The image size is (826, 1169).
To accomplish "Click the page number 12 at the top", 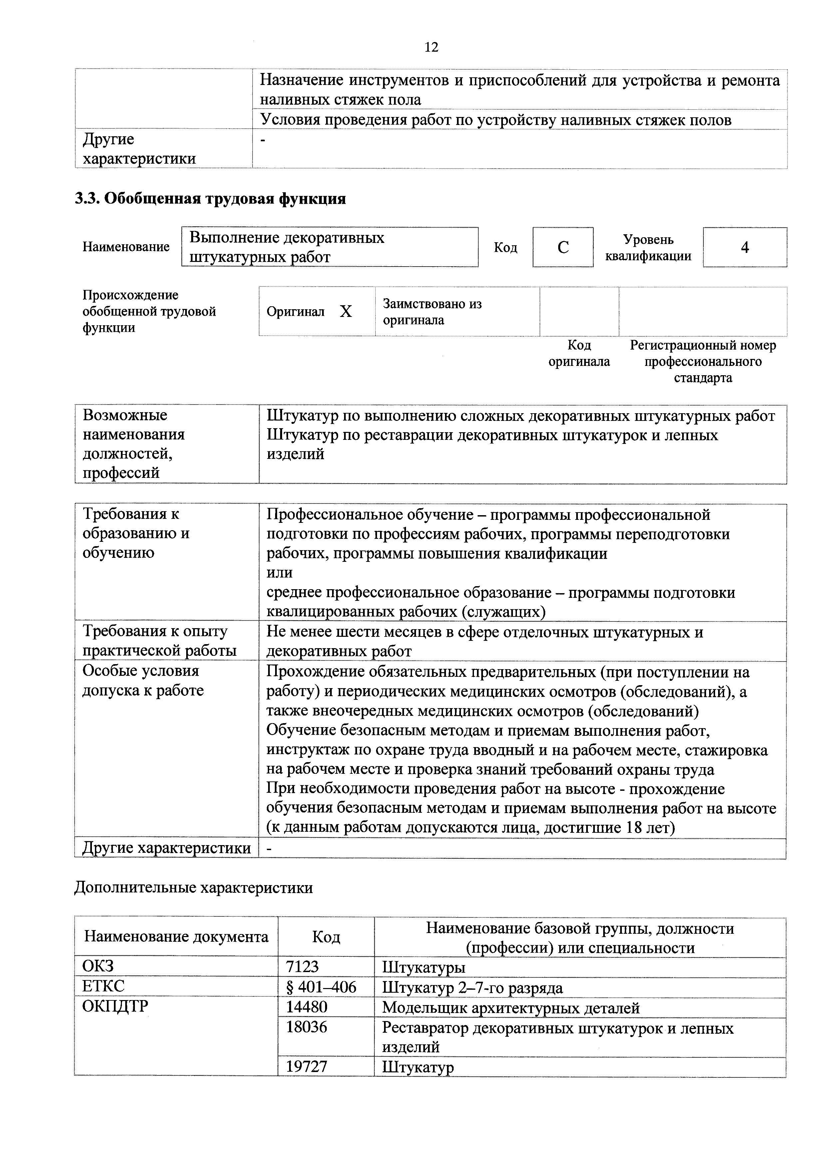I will (431, 47).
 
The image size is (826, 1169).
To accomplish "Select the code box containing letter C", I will (563, 248).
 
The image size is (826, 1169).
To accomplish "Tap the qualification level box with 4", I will (745, 248).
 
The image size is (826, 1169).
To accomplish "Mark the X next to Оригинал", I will (346, 312).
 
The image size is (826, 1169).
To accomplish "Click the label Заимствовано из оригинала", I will (432, 312).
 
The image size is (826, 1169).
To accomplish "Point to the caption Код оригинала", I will (579, 353).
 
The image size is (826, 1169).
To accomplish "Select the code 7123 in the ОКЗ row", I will (302, 966).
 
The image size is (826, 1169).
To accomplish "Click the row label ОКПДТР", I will (110, 1007).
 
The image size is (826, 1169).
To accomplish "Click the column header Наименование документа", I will (176, 936).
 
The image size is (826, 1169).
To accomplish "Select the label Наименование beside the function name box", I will (126, 248).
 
